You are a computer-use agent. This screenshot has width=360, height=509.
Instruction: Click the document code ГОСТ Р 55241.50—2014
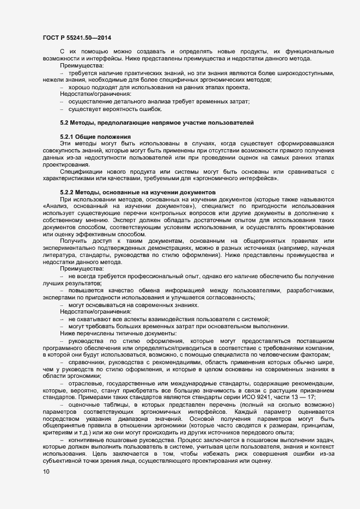pyautogui.click(x=77, y=37)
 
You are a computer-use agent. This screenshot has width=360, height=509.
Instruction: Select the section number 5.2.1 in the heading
pyautogui.click(x=67, y=136)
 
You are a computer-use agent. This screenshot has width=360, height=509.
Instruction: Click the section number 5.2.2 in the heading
pyautogui.click(x=67, y=192)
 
